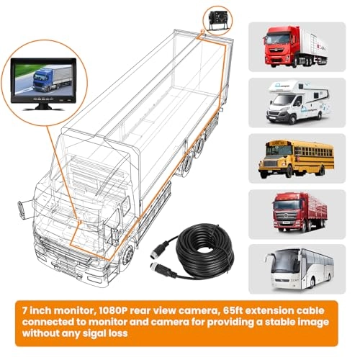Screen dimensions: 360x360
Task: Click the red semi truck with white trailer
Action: (x=296, y=47)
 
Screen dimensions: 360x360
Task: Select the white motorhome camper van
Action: (x=297, y=102)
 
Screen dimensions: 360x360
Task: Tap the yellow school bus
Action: (x=296, y=158)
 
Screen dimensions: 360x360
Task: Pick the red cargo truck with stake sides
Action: (x=300, y=212)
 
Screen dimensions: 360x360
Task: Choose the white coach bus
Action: (x=300, y=269)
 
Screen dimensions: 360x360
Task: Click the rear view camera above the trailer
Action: (x=215, y=20)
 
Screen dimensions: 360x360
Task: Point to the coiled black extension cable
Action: (x=204, y=251)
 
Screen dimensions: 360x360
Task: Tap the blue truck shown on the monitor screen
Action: (x=51, y=78)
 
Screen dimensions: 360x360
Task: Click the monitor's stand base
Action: (x=44, y=107)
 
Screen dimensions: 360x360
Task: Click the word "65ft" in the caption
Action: (x=233, y=310)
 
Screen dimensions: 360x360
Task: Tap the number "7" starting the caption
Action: (x=25, y=310)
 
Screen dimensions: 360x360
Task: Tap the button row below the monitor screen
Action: (x=44, y=99)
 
